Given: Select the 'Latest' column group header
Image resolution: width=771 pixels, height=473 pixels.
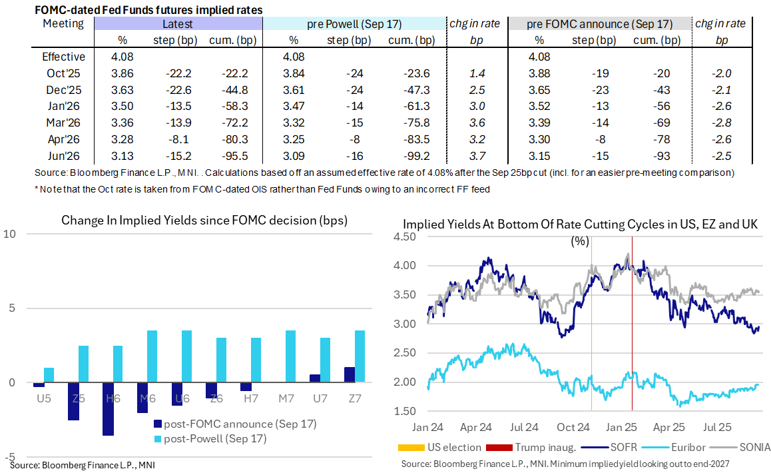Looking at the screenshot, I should tap(178, 24).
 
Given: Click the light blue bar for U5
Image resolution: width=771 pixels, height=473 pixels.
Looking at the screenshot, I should tap(49, 375).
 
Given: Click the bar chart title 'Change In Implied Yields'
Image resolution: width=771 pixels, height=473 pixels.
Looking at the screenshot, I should tap(204, 221).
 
